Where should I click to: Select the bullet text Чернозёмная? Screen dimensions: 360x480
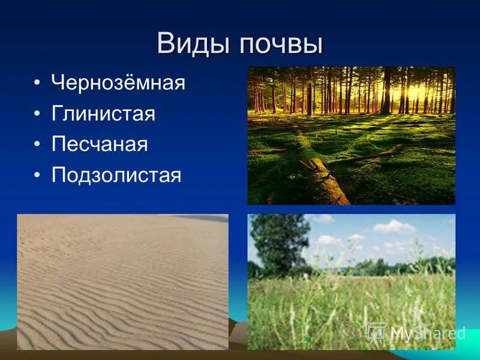[x=118, y=82]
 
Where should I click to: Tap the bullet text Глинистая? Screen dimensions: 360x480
[x=103, y=113]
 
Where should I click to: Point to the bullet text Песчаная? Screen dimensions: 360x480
[x=100, y=145]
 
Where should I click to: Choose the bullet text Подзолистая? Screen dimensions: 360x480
[x=116, y=175]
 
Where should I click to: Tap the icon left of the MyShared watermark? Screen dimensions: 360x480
[x=376, y=332]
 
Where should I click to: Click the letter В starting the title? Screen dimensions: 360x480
[x=166, y=44]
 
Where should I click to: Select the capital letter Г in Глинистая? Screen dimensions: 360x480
[x=57, y=113]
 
